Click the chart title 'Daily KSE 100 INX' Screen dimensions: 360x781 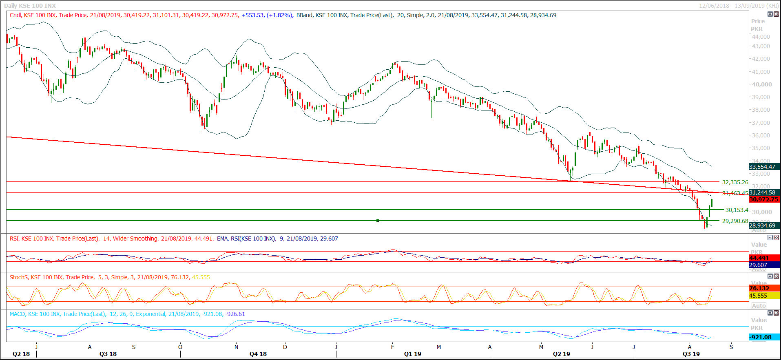tap(30, 6)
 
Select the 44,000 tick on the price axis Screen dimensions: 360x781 tap(761, 37)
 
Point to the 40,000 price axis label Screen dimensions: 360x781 tap(762, 84)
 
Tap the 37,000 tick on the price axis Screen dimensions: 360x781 tap(761, 123)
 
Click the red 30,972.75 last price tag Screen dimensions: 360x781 tap(764, 199)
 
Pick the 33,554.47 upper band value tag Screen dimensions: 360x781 tap(764, 167)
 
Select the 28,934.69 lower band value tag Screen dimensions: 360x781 tap(764, 225)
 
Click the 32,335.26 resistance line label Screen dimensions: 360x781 tap(735, 182)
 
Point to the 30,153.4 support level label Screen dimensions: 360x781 tap(737, 210)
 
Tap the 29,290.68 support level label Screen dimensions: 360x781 tap(735, 221)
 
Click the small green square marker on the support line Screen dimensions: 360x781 tap(378, 221)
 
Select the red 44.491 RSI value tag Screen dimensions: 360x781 tap(759, 258)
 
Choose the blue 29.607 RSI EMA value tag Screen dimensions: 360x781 tap(758, 265)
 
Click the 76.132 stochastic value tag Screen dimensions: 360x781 tap(759, 288)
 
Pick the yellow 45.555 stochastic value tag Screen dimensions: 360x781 tap(758, 296)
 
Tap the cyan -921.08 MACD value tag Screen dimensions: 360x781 tap(761, 337)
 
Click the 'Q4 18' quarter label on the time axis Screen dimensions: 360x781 tap(258, 354)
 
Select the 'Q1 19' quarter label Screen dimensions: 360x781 tap(413, 354)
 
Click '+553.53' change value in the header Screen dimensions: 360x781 tap(253, 15)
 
